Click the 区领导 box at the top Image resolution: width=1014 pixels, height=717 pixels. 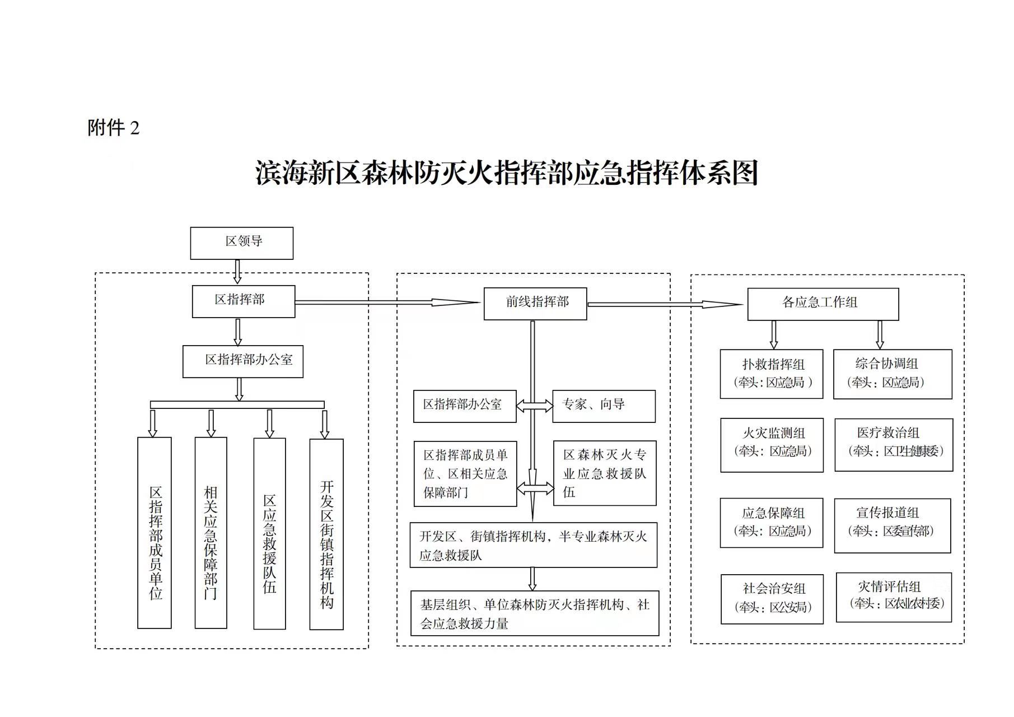coord(241,243)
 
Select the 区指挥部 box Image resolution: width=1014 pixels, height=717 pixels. coord(243,301)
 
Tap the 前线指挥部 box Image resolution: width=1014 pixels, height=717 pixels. coord(535,304)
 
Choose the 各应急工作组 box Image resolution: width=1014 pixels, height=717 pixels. coord(823,304)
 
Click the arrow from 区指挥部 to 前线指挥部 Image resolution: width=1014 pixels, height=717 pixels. coord(386,302)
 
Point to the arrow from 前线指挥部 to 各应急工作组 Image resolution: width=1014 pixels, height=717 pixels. coord(665,305)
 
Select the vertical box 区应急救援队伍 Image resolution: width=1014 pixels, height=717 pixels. coord(269,533)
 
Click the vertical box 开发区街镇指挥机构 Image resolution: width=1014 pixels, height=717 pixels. coord(326,534)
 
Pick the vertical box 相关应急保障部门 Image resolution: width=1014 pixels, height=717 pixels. coord(211,533)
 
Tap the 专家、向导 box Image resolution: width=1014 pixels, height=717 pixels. coord(603,406)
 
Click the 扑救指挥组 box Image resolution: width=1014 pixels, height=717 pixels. coord(771,374)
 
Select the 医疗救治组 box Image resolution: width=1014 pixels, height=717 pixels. coord(893,444)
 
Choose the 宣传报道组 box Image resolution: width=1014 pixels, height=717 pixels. coord(892,525)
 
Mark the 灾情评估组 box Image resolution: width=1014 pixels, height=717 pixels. coord(893,597)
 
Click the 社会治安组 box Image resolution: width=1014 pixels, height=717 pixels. coord(772,599)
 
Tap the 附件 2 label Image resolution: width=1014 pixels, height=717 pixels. coord(113,128)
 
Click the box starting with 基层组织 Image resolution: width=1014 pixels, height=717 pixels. coord(534,613)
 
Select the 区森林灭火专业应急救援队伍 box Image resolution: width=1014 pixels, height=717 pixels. coord(604,473)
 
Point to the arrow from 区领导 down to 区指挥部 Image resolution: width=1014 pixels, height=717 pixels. coord(237,272)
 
